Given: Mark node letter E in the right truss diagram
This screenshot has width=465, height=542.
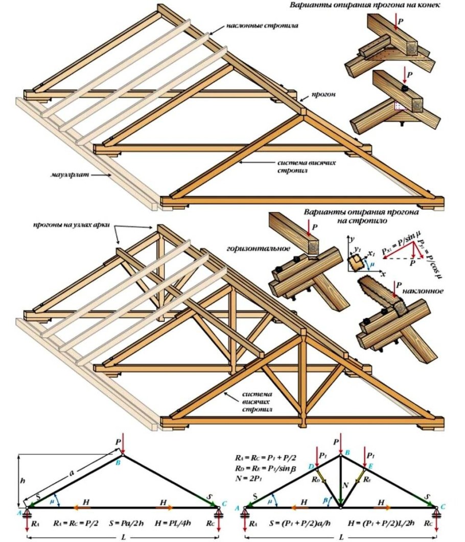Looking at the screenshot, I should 370,466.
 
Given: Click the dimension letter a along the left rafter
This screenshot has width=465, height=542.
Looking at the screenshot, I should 72,474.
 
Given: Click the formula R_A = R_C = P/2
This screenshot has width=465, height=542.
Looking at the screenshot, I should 74,523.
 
